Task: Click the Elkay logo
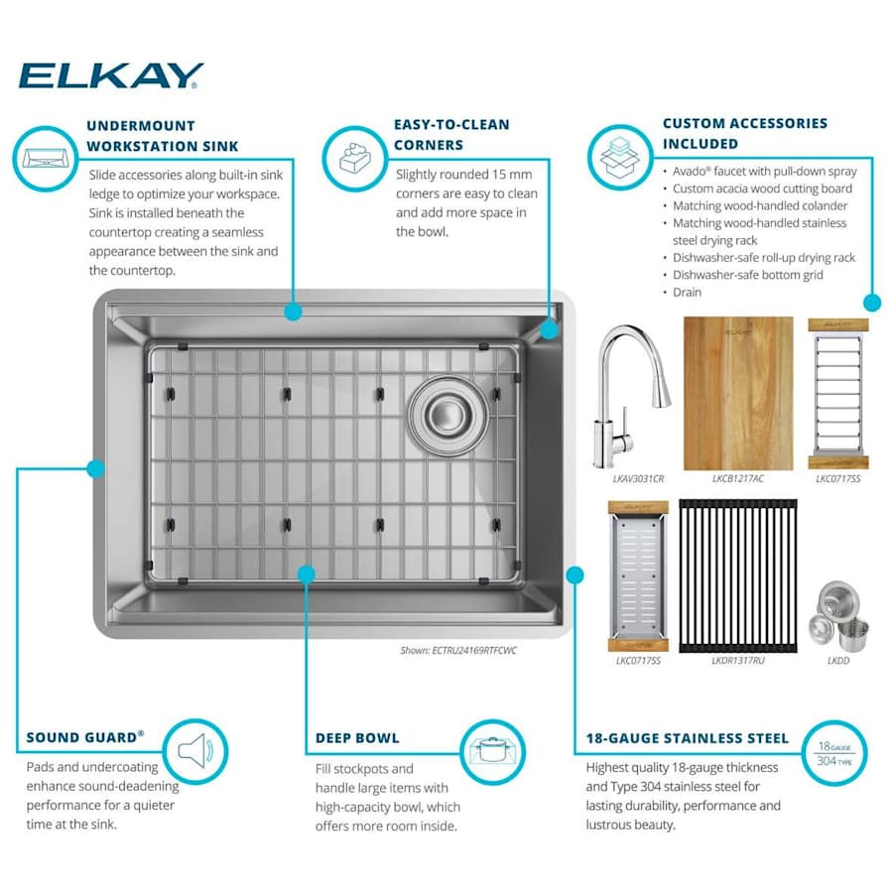click(x=111, y=75)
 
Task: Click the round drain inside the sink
click(x=448, y=415)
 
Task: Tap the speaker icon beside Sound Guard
click(x=195, y=752)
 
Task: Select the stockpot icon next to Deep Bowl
click(x=492, y=752)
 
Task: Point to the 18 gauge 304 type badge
click(x=834, y=753)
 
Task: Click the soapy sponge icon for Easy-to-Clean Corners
click(x=355, y=159)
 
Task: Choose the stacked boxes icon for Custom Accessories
click(x=620, y=157)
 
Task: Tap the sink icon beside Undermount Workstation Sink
click(x=45, y=159)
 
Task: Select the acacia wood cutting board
click(x=738, y=394)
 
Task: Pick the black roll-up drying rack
click(x=738, y=575)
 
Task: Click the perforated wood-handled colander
click(x=638, y=576)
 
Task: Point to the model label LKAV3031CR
click(x=638, y=479)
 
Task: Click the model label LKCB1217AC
click(x=738, y=479)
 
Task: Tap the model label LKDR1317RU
click(x=738, y=661)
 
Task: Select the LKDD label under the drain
click(x=838, y=661)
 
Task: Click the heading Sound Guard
click(x=85, y=737)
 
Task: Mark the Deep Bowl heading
click(x=357, y=738)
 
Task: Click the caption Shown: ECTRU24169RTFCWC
click(x=458, y=650)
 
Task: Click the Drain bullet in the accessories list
click(x=687, y=292)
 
